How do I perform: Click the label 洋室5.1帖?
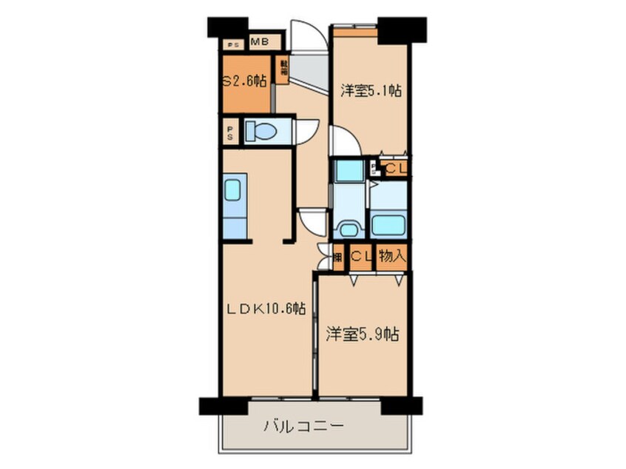tap(371, 91)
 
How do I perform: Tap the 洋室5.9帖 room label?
tap(363, 334)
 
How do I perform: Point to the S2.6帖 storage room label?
tap(244, 82)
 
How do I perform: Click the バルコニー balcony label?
tap(303, 427)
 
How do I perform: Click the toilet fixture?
tap(260, 132)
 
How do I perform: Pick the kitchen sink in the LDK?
tap(232, 190)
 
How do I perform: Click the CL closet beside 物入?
tap(360, 257)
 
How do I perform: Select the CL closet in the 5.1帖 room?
tap(394, 169)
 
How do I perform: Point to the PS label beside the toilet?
tap(231, 133)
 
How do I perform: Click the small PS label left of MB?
tap(235, 44)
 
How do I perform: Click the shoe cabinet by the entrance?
tap(283, 70)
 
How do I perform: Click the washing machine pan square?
tap(347, 171)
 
